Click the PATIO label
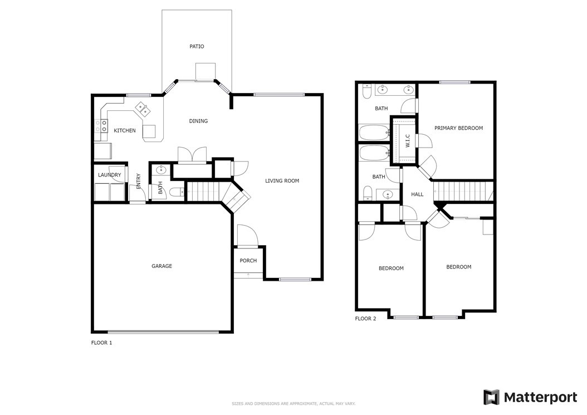coord(197,46)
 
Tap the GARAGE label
coord(162,266)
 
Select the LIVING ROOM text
coord(282,180)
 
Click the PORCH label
coord(248,260)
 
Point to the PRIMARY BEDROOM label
coord(458,128)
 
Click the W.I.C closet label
coord(408,141)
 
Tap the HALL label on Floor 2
coord(417,194)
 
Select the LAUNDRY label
coord(109,175)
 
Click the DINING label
coord(198,121)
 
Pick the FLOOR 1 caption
coord(101,343)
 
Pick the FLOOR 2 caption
coord(365,319)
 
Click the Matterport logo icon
coord(491,397)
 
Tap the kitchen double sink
coord(143,109)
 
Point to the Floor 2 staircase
coord(463,191)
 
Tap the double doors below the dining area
coord(192,155)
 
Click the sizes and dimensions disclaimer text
coord(293,403)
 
